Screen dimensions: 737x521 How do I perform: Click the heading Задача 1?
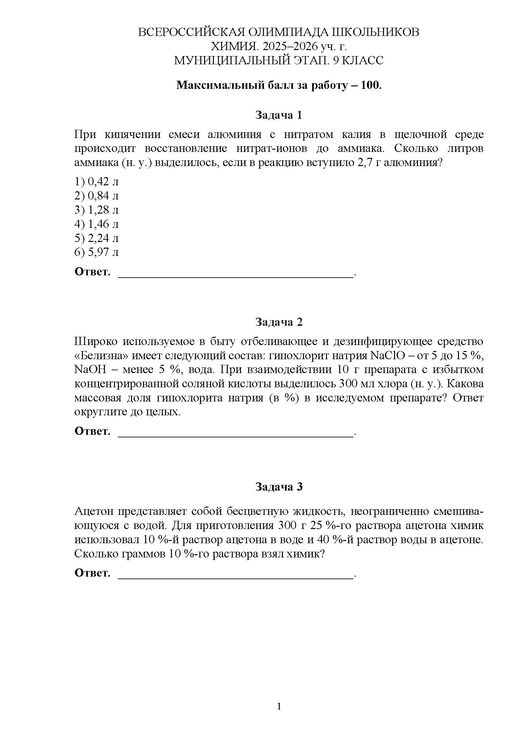click(278, 115)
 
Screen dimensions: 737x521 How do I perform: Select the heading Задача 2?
click(278, 322)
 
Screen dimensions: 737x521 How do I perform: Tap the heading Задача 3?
click(278, 487)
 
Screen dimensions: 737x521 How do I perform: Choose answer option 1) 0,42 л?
click(97, 182)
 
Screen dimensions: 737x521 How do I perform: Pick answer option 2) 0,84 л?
click(97, 196)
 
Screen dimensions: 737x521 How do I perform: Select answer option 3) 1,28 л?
click(97, 210)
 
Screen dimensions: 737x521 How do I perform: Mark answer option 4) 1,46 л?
click(97, 224)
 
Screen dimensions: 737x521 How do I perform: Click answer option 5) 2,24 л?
click(97, 238)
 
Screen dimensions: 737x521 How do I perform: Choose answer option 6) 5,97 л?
click(97, 252)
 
